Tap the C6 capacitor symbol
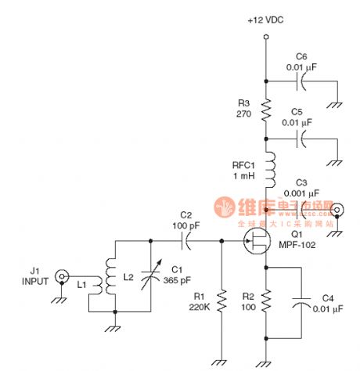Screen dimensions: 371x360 [300, 81]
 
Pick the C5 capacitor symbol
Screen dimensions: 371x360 [300, 139]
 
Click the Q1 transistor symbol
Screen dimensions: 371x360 [256, 243]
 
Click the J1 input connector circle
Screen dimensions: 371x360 [59, 276]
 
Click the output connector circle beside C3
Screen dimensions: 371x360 [339, 210]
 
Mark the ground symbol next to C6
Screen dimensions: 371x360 [334, 103]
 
